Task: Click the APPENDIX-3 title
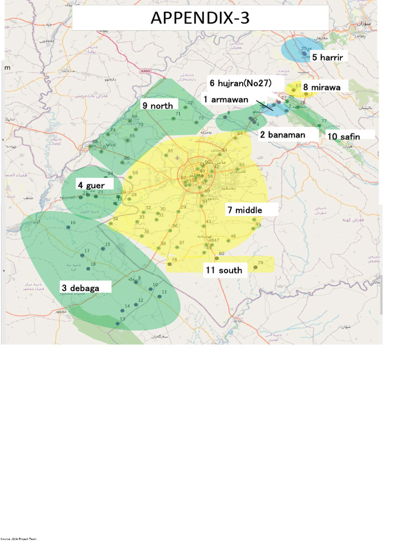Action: pos(200,18)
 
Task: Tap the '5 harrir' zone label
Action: pos(328,57)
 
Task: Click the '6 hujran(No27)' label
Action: pos(240,83)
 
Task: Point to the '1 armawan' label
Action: pos(226,100)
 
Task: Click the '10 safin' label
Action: pos(344,137)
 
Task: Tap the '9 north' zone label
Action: pos(157,106)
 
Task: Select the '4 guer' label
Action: pos(91,185)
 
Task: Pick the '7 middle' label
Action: pos(245,210)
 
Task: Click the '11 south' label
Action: pos(224,270)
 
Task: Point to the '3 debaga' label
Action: pos(80,288)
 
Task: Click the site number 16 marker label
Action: pos(73,223)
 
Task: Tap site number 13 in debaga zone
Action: pos(122,319)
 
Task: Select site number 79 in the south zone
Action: pos(260,263)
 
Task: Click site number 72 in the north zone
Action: pos(190,103)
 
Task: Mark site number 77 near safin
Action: pos(324,122)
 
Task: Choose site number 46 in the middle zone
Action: pos(233,236)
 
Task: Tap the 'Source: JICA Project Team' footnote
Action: pos(19,539)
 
